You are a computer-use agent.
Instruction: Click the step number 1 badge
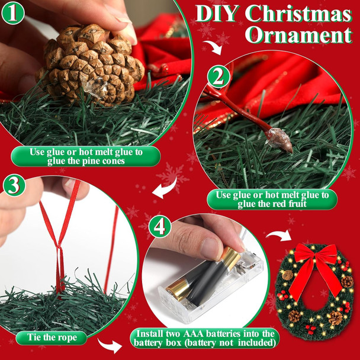[13, 12]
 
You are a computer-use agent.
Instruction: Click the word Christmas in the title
[298, 13]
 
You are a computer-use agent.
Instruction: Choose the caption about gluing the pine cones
[86, 156]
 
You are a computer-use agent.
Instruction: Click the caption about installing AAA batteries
[205, 338]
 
